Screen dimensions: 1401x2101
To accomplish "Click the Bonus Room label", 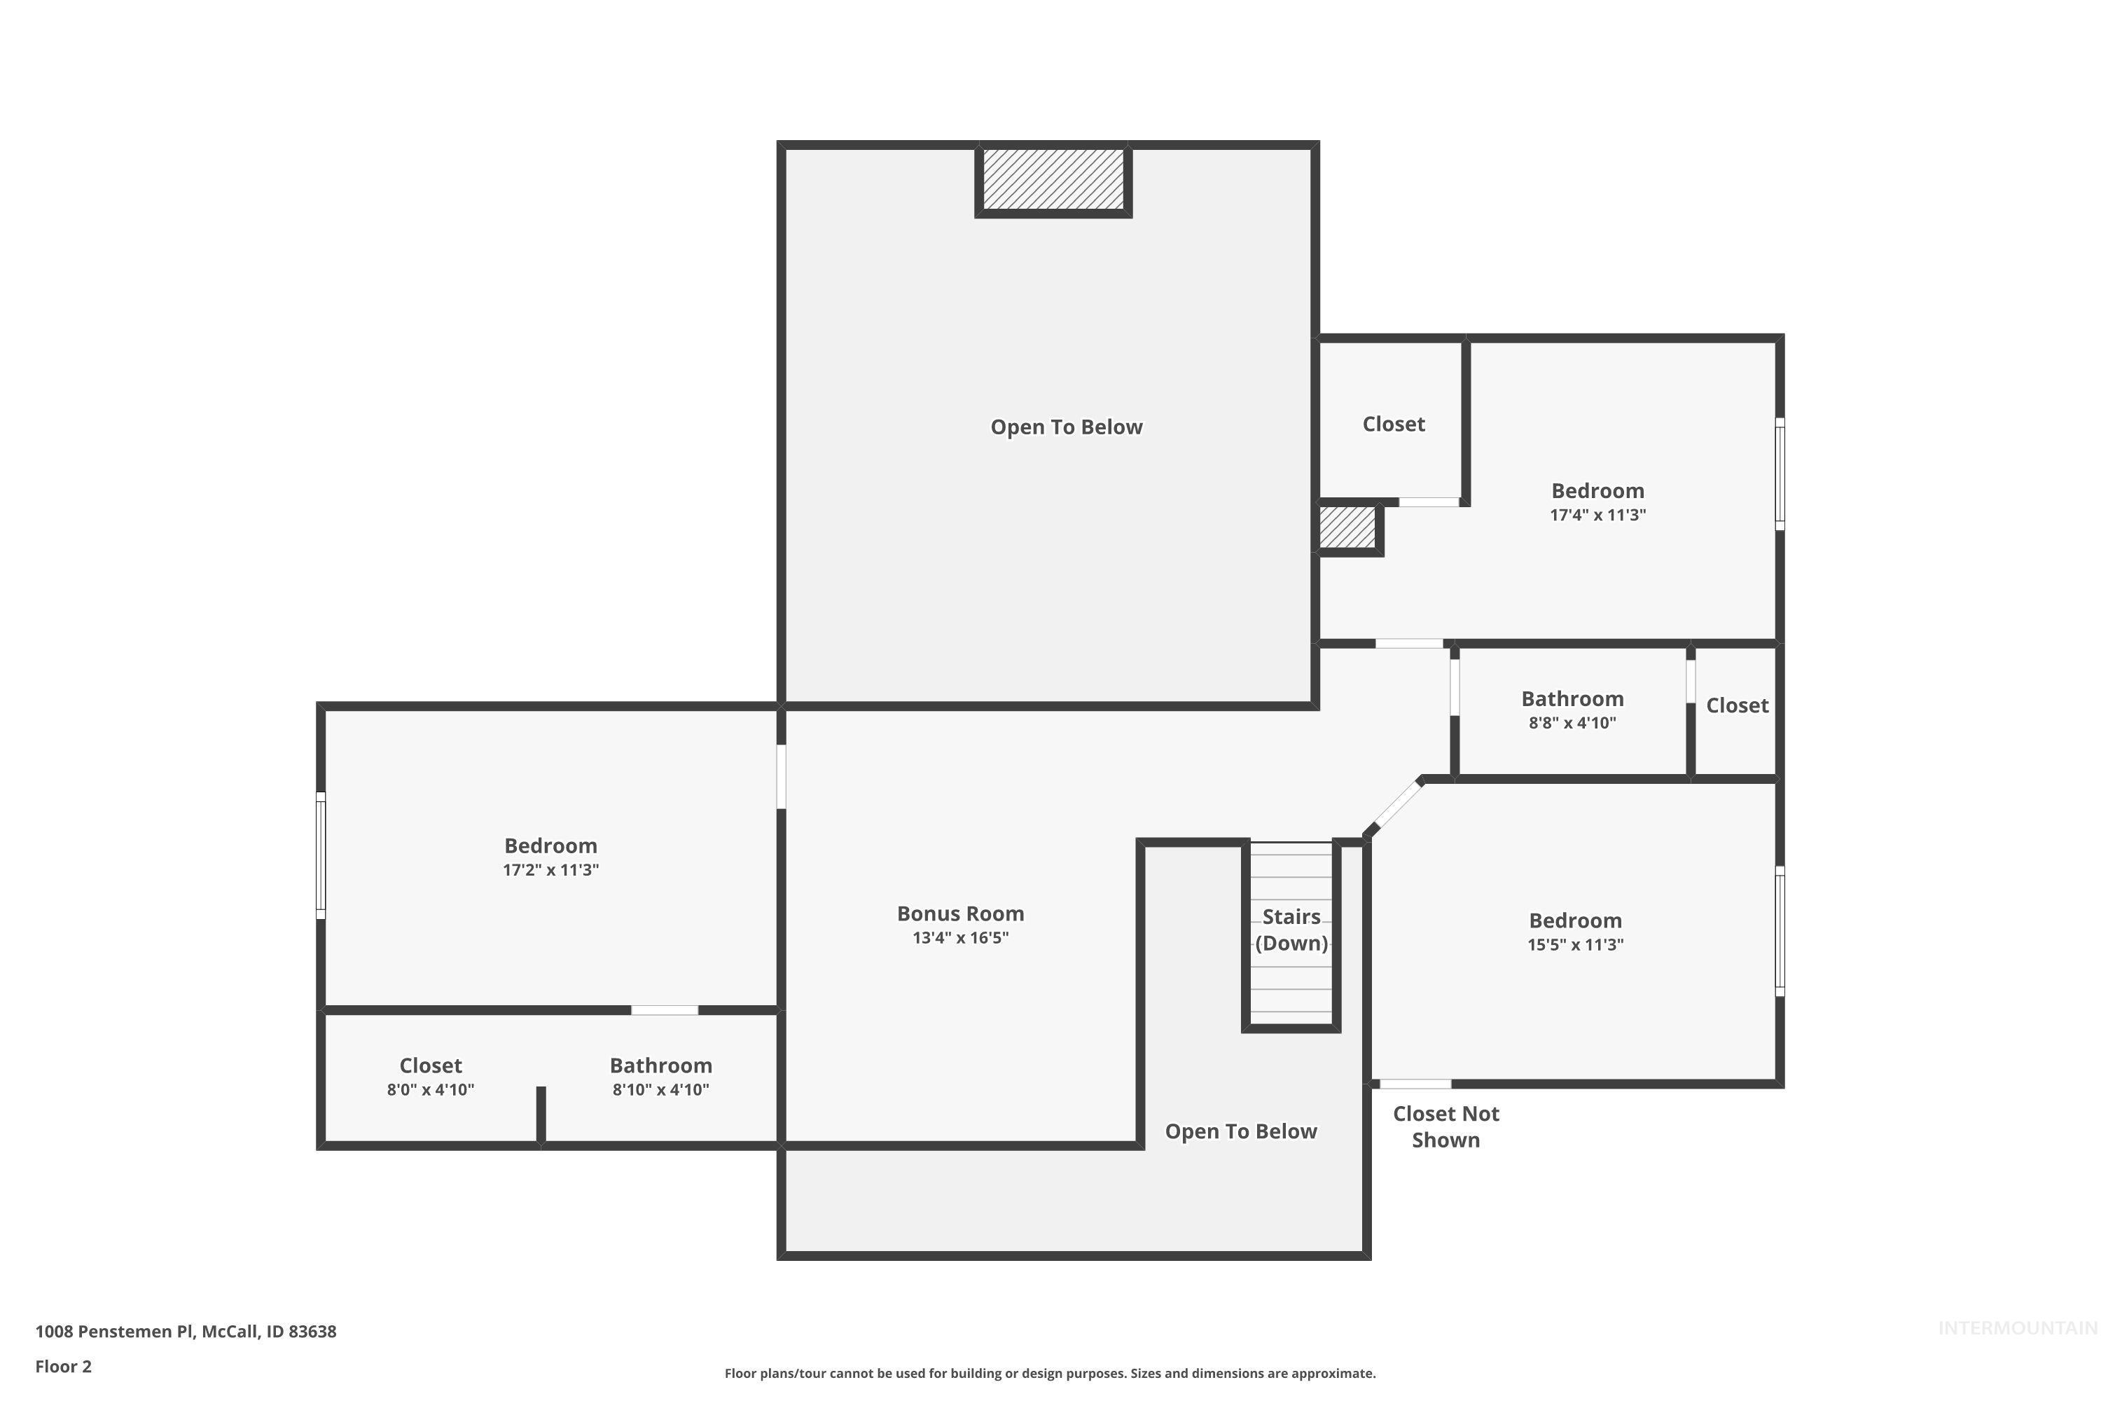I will [960, 913].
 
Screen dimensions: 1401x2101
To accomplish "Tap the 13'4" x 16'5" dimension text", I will [960, 937].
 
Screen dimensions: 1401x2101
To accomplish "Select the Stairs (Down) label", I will [1291, 930].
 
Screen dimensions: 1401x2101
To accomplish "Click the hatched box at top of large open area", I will [1053, 179].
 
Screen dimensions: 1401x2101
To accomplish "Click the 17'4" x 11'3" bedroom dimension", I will [1597, 515].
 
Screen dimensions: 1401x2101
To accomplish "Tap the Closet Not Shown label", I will [1445, 1126].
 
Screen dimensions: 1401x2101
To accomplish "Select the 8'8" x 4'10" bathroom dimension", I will [1572, 723].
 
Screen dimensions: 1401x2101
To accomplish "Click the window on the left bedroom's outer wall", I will [321, 855].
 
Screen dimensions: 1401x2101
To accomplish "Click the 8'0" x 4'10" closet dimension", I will [430, 1089].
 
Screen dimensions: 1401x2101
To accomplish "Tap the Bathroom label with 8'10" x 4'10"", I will [660, 1065].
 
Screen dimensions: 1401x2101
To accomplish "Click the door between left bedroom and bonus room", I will [781, 776].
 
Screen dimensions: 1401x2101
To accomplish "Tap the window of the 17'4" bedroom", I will [1780, 474].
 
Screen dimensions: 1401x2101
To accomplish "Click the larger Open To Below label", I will [1066, 427].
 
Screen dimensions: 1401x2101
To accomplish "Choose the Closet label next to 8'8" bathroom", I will [1737, 705].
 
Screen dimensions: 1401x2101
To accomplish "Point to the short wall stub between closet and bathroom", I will [541, 1113].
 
